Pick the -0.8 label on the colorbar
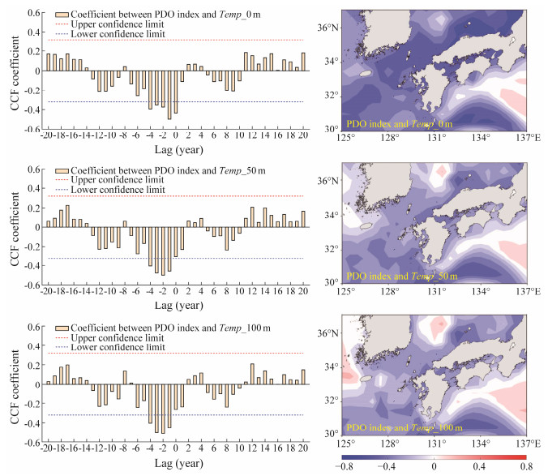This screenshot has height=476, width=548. pyautogui.click(x=344, y=466)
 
